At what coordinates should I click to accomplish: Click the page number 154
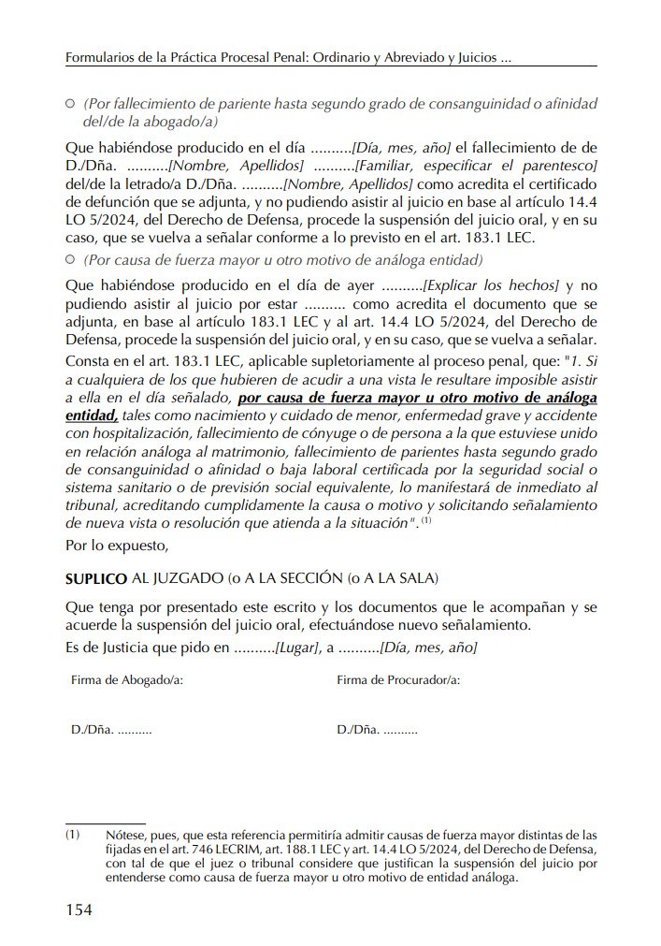pyautogui.click(x=79, y=910)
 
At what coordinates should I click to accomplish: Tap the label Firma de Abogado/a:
pyautogui.click(x=126, y=680)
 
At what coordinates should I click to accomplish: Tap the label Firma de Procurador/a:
pyautogui.click(x=398, y=680)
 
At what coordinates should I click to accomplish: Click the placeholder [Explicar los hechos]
pyautogui.click(x=491, y=284)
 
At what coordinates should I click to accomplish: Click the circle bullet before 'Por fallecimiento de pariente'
pyautogui.click(x=71, y=103)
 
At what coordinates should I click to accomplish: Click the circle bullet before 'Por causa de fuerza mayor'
pyautogui.click(x=71, y=259)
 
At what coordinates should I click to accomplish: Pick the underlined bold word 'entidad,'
pyautogui.click(x=93, y=415)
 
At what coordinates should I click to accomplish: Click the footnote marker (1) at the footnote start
pyautogui.click(x=73, y=834)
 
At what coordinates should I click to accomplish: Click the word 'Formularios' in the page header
pyautogui.click(x=102, y=58)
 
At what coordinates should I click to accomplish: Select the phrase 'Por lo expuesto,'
pyautogui.click(x=116, y=544)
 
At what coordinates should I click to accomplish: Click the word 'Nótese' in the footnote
pyautogui.click(x=125, y=834)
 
